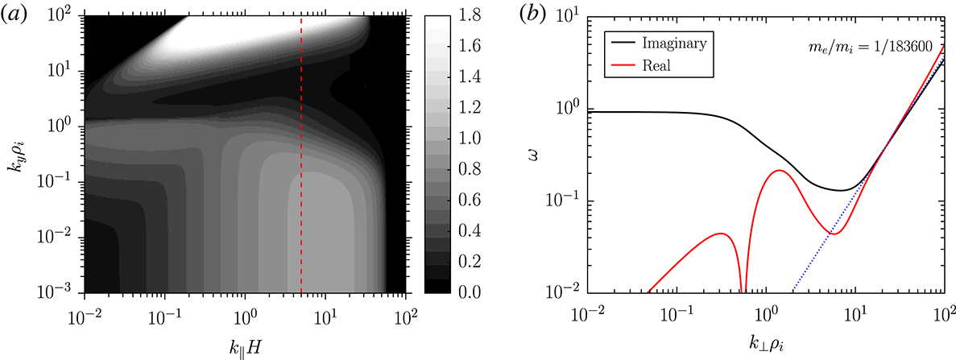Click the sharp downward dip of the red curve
(x=743, y=286)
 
